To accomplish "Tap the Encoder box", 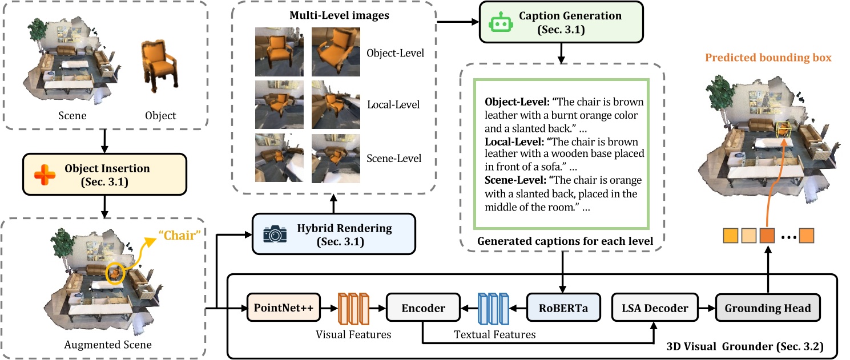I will tap(423, 308).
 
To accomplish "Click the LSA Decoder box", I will tap(655, 308).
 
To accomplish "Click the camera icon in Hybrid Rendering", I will tap(275, 234).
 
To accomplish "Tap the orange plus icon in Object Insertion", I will tap(43, 175).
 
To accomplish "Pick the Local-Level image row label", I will tap(393, 104).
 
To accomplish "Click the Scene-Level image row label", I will tap(393, 158).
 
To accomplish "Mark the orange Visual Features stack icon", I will tap(353, 309).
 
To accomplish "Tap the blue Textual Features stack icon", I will tap(492, 309).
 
